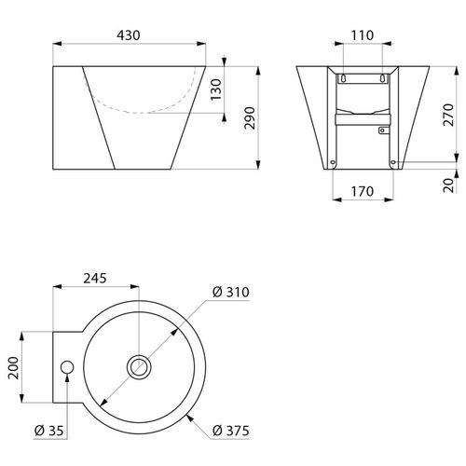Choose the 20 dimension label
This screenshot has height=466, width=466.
pyautogui.click(x=449, y=183)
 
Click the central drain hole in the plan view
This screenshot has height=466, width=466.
pyautogui.click(x=141, y=366)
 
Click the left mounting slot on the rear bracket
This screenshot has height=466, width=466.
pyautogui.click(x=344, y=77)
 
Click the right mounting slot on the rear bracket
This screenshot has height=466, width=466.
pyautogui.click(x=382, y=77)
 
